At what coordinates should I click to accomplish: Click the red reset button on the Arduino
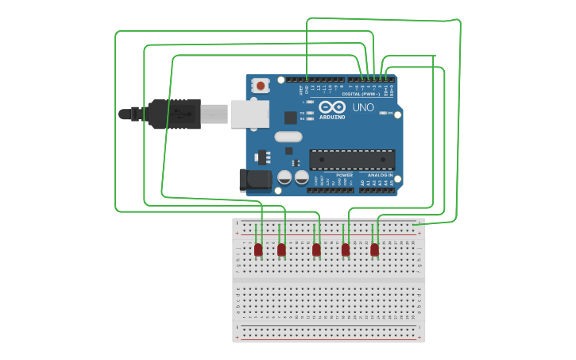coord(261,85)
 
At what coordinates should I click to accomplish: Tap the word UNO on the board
coord(363,107)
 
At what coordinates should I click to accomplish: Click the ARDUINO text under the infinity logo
coord(332,117)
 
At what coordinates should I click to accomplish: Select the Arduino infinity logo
coord(332,106)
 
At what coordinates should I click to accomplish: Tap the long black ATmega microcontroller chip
coord(351,159)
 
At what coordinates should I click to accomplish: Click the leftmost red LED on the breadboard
coord(258,250)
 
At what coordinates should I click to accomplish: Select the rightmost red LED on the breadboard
coord(374,250)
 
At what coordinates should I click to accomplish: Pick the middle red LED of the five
coord(316,250)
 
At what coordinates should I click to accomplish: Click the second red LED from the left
coord(281,250)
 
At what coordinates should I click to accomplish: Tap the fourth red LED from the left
coord(346,250)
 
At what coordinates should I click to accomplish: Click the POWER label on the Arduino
coord(344,175)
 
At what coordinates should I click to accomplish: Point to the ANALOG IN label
coord(380,175)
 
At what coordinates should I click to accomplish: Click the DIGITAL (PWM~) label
coord(361,94)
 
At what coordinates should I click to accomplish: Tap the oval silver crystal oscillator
coord(288,137)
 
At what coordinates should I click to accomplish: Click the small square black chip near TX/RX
coord(290,117)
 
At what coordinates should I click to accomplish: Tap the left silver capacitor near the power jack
coord(284,177)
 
